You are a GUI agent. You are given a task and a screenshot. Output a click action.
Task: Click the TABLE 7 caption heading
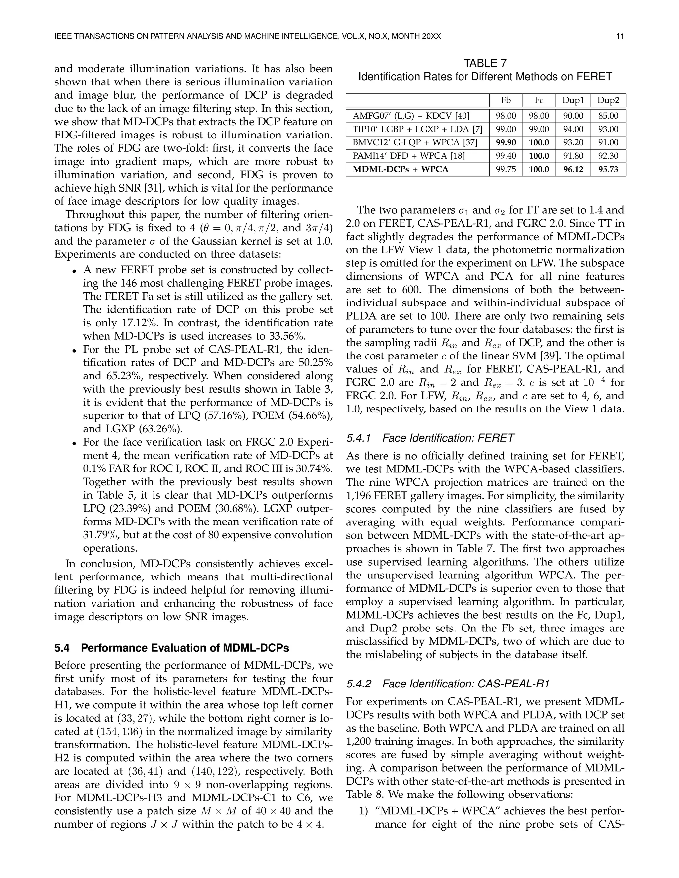[x=485, y=63]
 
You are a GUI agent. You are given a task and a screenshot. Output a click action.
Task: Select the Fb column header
[x=506, y=100]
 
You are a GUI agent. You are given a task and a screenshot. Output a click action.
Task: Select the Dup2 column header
[x=608, y=100]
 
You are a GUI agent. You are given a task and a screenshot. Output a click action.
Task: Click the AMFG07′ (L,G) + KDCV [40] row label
[x=411, y=116]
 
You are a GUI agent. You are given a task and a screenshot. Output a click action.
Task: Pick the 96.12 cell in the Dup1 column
[x=573, y=169]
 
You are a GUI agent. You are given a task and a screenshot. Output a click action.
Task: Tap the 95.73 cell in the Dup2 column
[x=608, y=169]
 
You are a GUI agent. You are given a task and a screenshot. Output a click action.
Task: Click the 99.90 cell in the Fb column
[x=506, y=143]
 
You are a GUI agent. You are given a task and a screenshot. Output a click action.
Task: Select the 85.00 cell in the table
[x=608, y=116]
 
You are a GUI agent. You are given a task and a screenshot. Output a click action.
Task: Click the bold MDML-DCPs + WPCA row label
[x=400, y=169]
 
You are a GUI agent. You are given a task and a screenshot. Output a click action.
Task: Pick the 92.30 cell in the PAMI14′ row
[x=608, y=156]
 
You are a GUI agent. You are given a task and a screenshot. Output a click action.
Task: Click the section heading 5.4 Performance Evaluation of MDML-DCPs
[x=171, y=648]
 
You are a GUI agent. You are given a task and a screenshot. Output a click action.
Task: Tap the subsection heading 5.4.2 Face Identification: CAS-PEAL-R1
[x=448, y=684]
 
